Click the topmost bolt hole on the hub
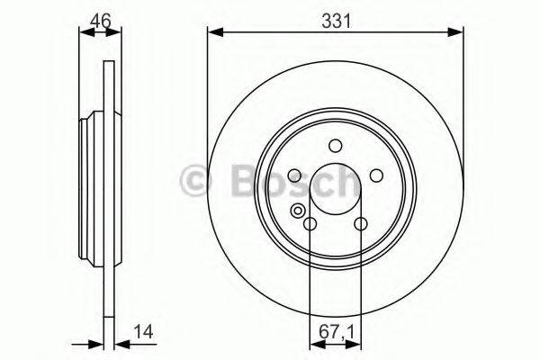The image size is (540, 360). click(335, 146)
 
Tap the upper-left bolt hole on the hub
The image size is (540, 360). click(293, 176)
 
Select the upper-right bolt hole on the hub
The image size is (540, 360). click(376, 176)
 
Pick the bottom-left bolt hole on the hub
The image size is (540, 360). click(310, 225)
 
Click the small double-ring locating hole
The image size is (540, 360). click(297, 212)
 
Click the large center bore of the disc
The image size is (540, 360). click(335, 191)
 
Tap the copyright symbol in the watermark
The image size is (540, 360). click(194, 181)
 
